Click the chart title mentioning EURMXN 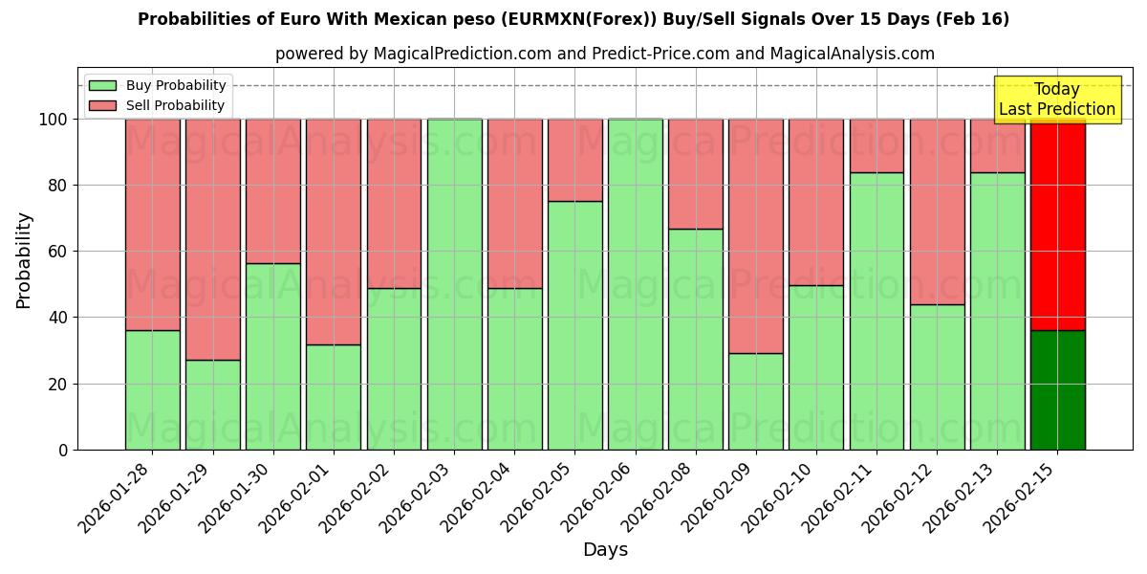coord(573,19)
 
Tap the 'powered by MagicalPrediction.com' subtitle coord(604,54)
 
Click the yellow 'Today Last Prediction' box coord(1056,99)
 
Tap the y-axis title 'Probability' coord(24,260)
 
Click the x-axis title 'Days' coord(605,549)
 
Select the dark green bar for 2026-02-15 coord(1057,390)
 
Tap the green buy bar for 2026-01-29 coord(212,405)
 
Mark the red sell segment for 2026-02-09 coord(756,236)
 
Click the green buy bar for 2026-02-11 coord(876,311)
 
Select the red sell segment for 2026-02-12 coord(937,211)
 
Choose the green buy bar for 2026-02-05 coord(574,325)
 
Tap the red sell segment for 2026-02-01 coord(334,232)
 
